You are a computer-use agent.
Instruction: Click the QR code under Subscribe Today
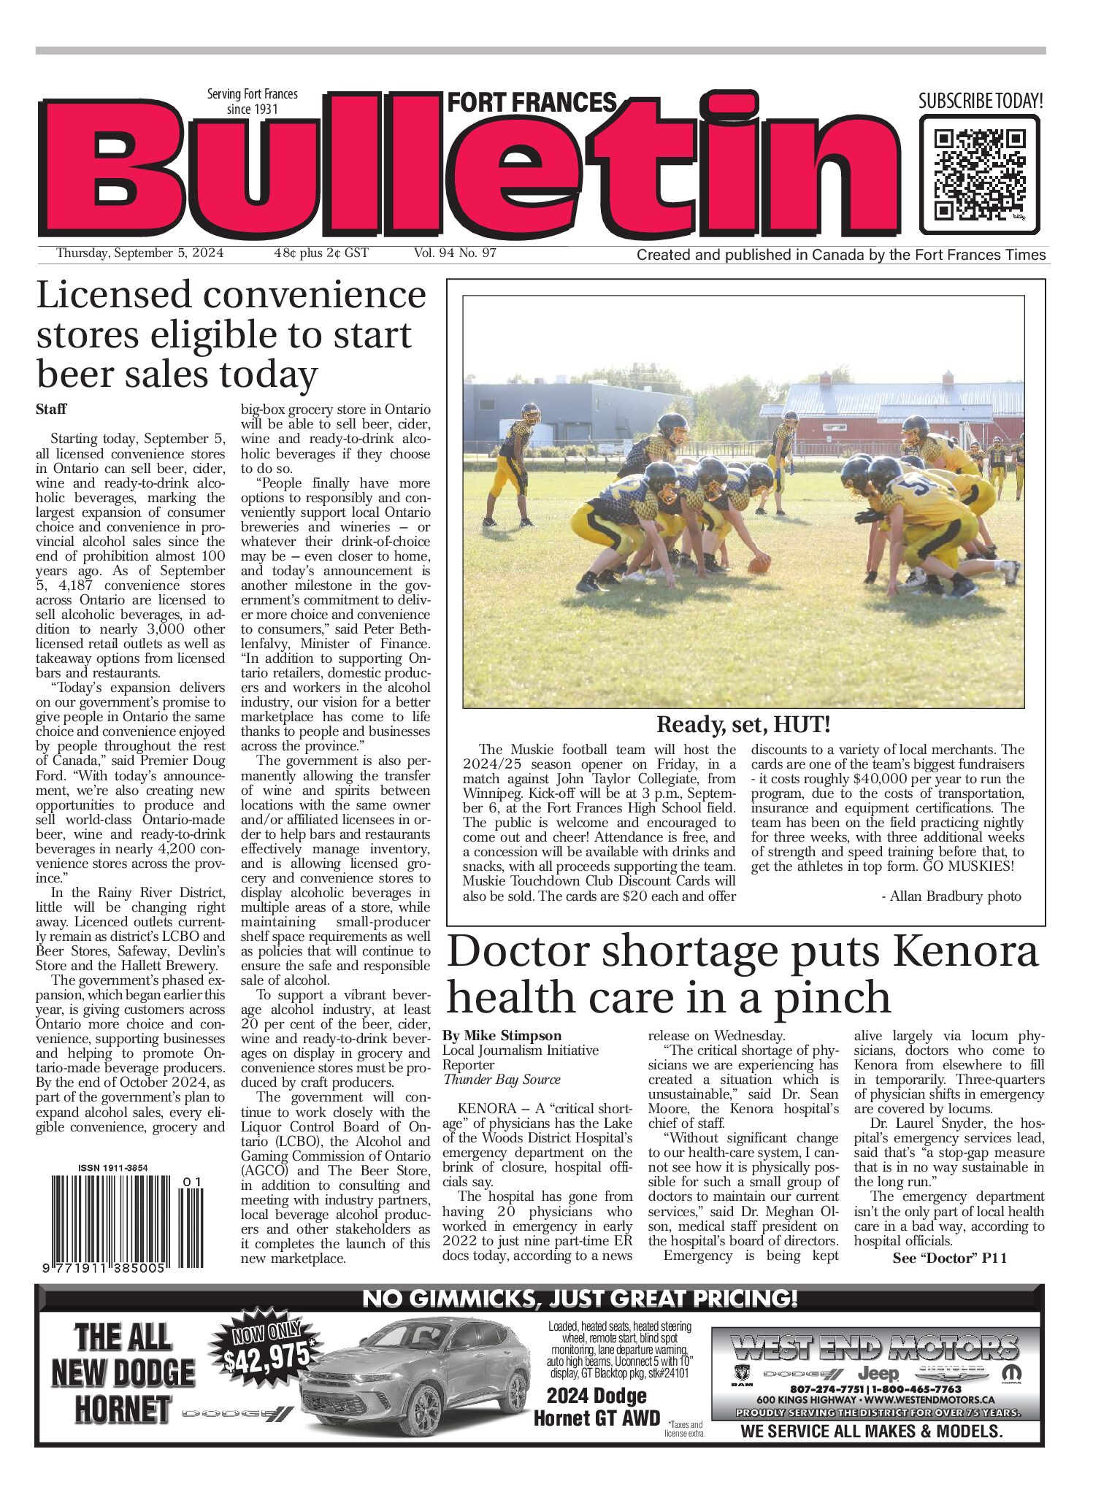click(979, 174)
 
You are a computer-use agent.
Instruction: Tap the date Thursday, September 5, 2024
click(140, 253)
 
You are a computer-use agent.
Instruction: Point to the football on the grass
click(759, 564)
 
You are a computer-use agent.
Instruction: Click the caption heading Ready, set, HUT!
click(743, 725)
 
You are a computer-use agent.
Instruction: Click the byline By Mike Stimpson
click(502, 1035)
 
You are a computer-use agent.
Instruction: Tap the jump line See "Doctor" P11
click(949, 1258)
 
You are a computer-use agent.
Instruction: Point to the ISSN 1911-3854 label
click(113, 1168)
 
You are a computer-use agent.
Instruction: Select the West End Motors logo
click(875, 1347)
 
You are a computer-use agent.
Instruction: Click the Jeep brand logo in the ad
click(878, 1373)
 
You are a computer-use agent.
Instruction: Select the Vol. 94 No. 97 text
click(455, 253)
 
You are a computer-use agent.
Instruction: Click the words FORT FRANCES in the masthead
click(532, 103)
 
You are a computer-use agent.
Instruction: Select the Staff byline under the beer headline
click(51, 410)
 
